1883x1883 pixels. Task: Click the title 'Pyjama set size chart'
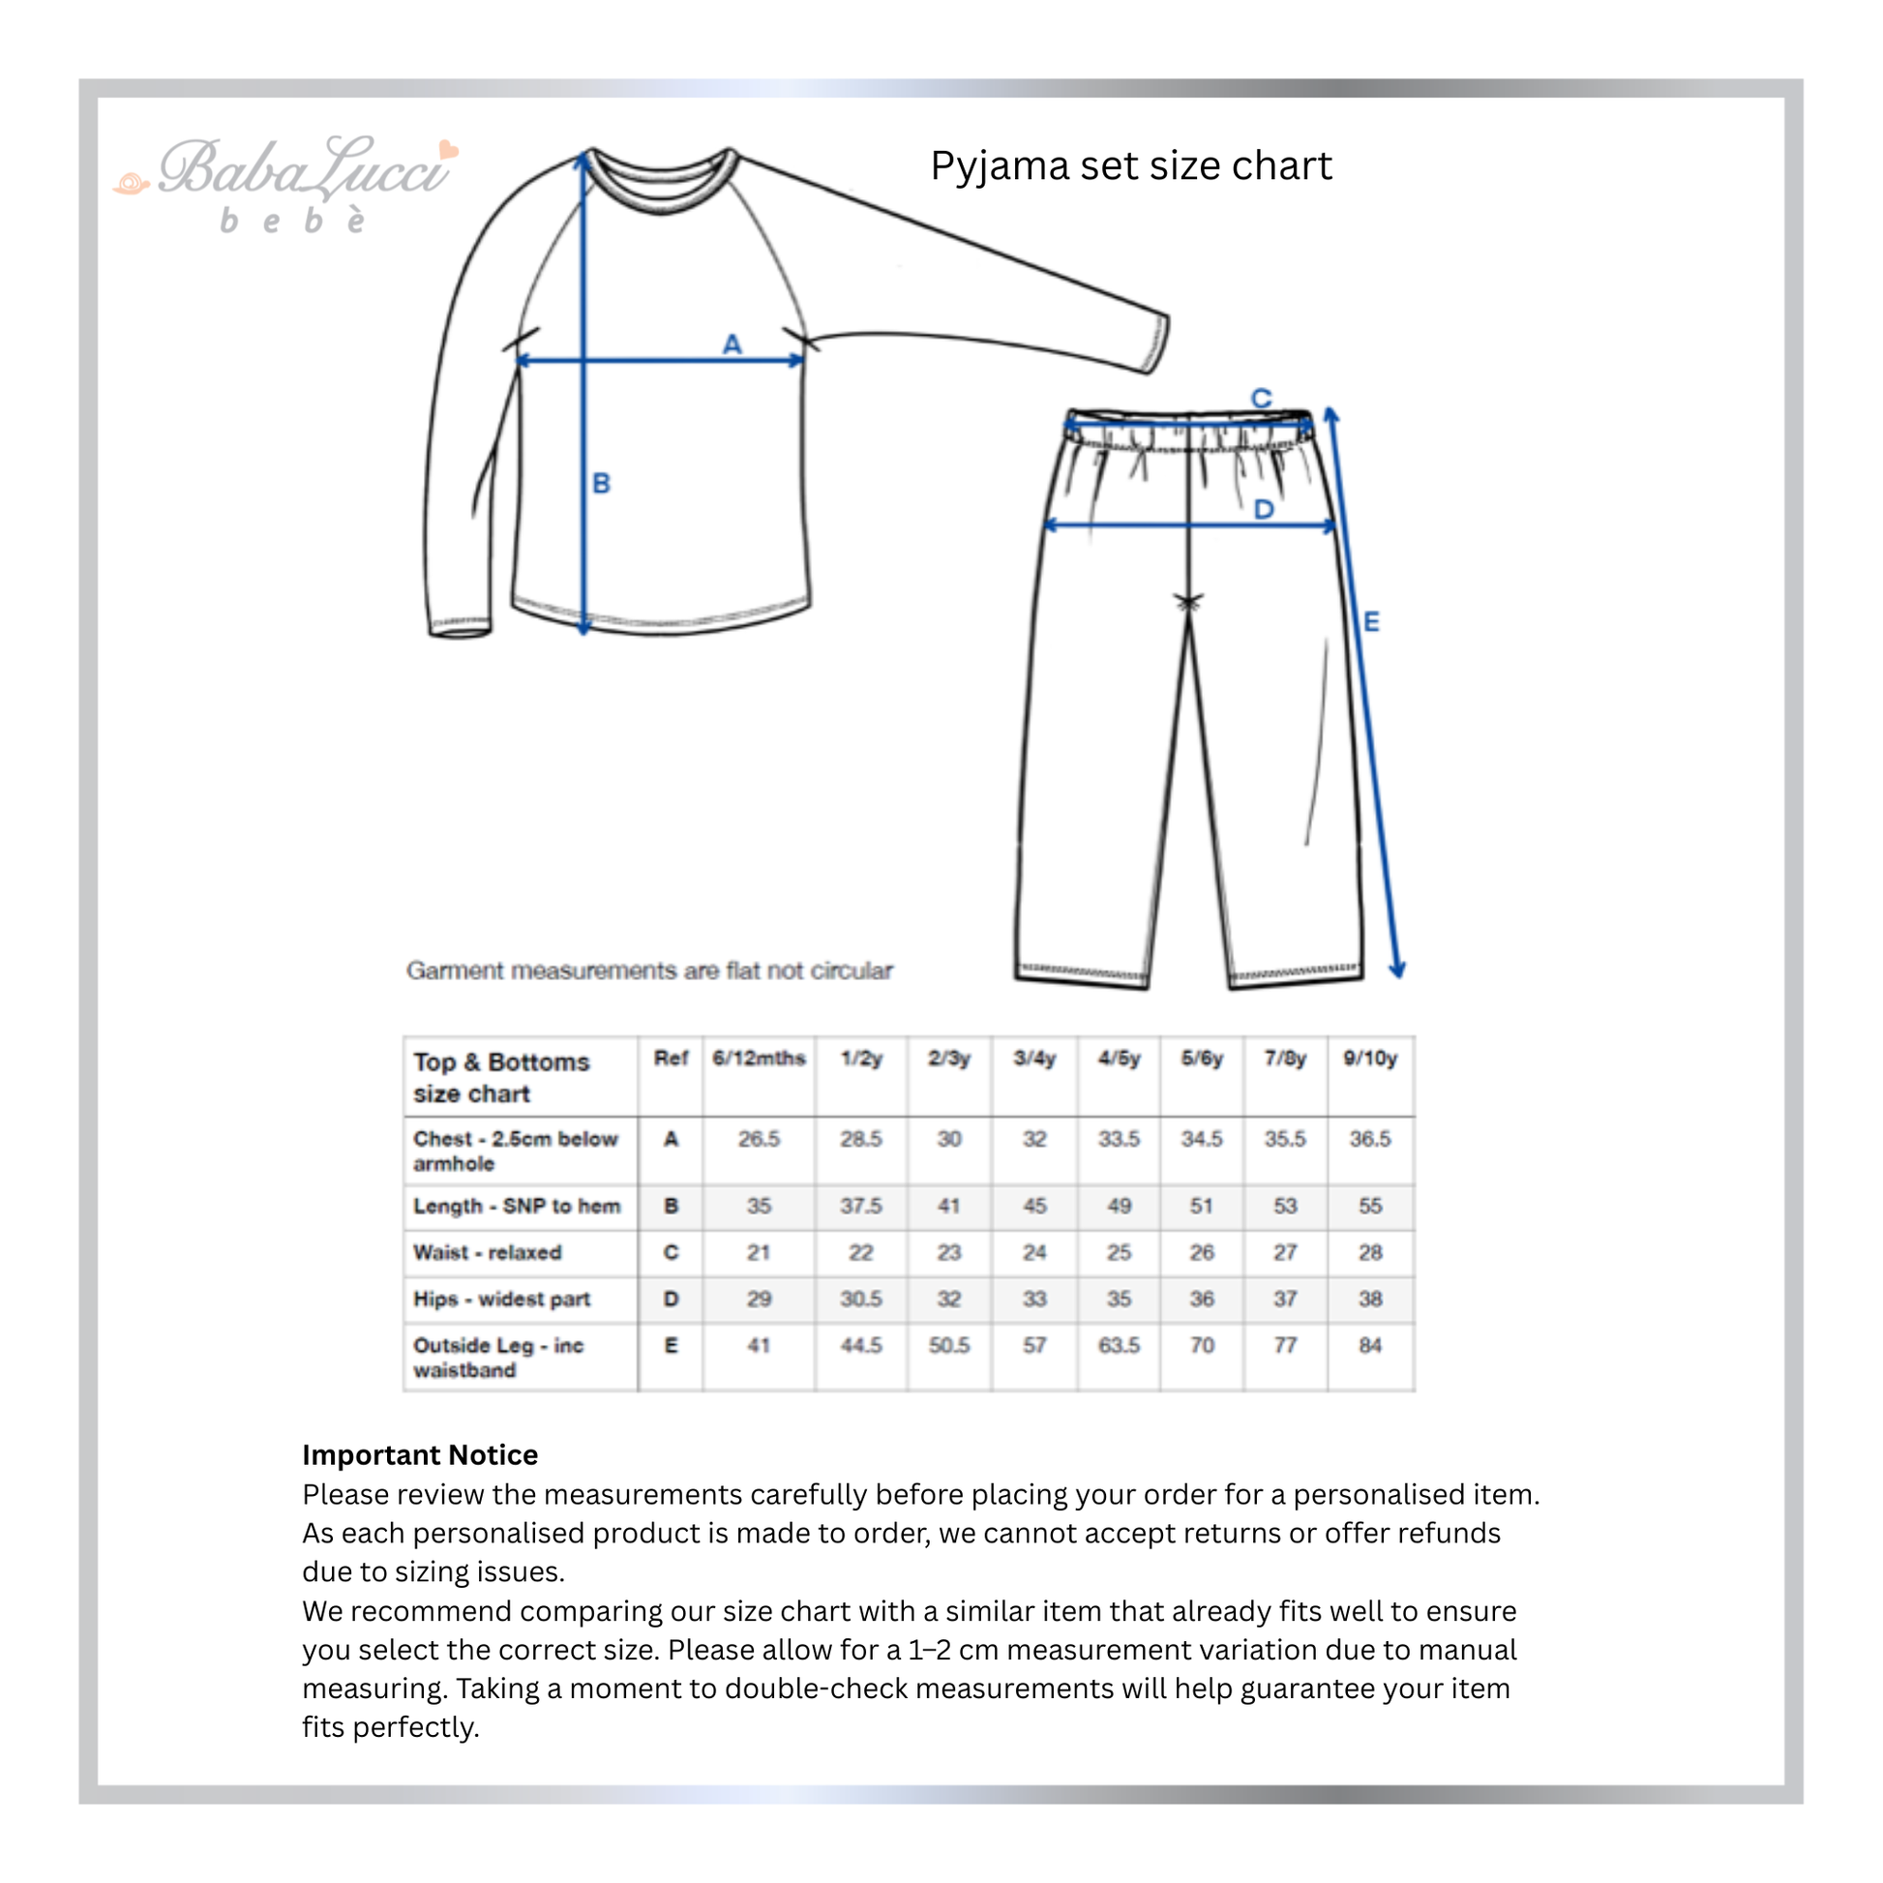tap(1130, 165)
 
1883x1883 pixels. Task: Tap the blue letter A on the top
tap(732, 344)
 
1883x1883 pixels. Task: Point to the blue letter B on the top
tap(601, 484)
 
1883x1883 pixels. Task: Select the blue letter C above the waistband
tap(1261, 398)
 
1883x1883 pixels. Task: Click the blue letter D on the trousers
tap(1264, 509)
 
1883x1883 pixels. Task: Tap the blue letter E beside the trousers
tap(1371, 621)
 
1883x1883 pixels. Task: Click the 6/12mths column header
tap(759, 1059)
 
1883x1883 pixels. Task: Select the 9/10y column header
tap(1369, 1059)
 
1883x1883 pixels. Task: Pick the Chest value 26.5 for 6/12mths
tap(759, 1138)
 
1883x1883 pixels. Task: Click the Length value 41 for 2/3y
tap(949, 1206)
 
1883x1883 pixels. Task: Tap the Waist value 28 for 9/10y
tap(1369, 1252)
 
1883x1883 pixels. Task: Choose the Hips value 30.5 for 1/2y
tap(860, 1300)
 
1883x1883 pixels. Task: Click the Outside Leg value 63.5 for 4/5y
tap(1119, 1346)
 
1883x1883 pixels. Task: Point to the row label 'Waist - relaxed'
tap(488, 1252)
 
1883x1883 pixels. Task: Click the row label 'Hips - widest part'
tap(502, 1300)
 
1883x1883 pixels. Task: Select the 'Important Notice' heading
tap(420, 1455)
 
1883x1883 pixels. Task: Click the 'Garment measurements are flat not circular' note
tap(649, 971)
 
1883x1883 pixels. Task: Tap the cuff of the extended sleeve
tap(1156, 344)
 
